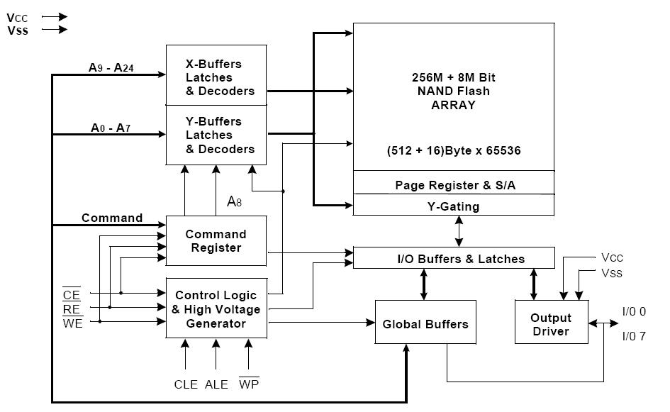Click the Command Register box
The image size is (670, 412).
coord(216,240)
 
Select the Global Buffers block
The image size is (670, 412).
coord(425,322)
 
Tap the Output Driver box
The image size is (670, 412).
coord(551,322)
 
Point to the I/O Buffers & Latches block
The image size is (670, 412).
coord(454,257)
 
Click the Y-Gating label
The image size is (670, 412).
coord(453,206)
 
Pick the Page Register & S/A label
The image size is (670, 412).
coord(455,185)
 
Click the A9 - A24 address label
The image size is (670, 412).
coord(111,67)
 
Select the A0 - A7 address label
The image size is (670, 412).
coord(111,128)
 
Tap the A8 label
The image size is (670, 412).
coord(234,201)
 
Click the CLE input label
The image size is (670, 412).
coord(186,384)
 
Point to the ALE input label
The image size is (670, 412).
coord(216,384)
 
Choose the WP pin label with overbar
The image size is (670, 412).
coord(249,384)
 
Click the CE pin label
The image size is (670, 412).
coord(72,294)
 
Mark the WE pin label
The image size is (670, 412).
coord(72,323)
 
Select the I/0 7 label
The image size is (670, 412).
coord(634,336)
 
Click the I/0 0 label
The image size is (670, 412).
coord(634,311)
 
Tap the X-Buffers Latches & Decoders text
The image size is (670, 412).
coord(220,77)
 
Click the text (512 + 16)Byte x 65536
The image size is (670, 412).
coord(454,150)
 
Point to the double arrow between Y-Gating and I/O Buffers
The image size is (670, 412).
coord(459,231)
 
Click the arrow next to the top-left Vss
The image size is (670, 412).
coord(55,30)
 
